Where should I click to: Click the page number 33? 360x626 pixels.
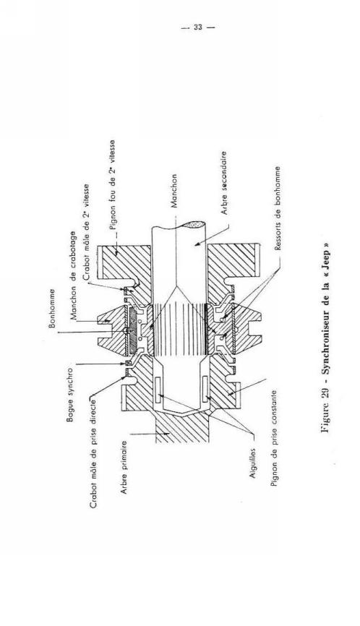tap(198, 27)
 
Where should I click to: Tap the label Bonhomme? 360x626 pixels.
tap(52, 308)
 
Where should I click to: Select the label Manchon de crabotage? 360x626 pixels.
tap(74, 275)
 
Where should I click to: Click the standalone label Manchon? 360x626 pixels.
tap(174, 191)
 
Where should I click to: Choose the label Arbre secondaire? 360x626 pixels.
tap(224, 183)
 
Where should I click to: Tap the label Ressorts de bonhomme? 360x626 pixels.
tap(278, 208)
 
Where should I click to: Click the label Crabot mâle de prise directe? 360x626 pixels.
tap(93, 451)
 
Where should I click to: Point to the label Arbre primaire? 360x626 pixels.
tap(124, 467)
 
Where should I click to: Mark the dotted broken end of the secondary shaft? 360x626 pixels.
tap(192, 225)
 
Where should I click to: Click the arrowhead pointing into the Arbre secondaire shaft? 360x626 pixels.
tap(197, 244)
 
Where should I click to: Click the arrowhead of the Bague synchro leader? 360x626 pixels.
tap(128, 364)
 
